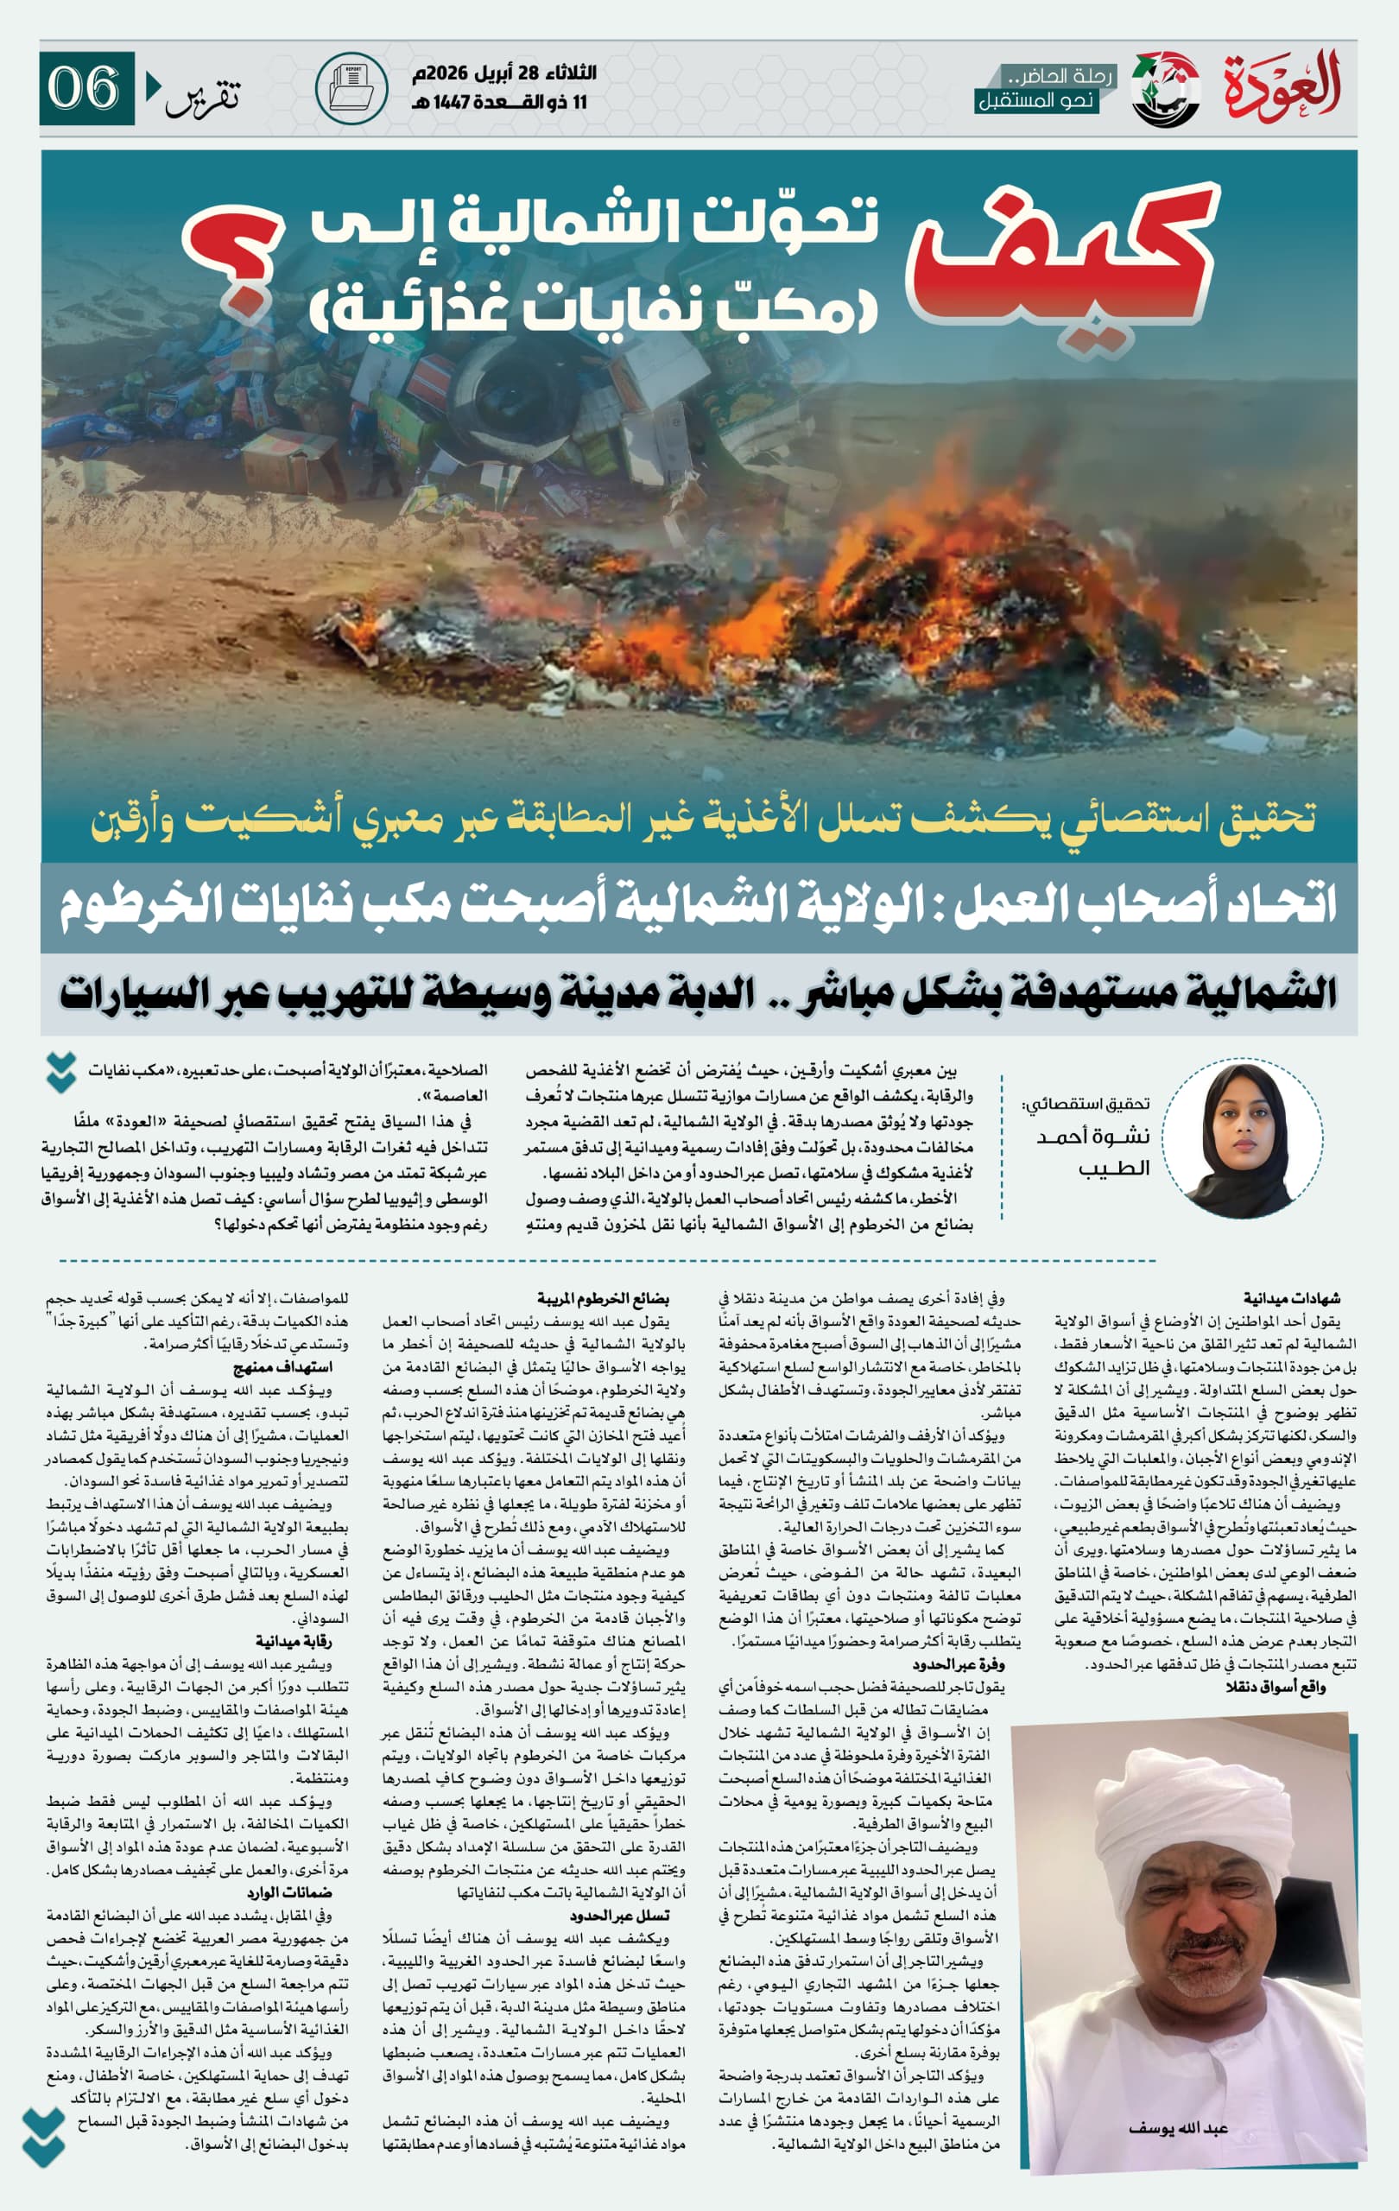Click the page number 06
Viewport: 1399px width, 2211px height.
[x=85, y=88]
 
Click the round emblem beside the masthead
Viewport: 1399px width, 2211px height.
[x=1165, y=89]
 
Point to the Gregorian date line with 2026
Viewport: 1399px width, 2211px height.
[x=504, y=73]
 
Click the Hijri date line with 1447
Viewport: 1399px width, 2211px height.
[x=498, y=102]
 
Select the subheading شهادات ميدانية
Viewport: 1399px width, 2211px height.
[x=1291, y=1297]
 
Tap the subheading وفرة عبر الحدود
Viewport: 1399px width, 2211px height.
[x=958, y=1663]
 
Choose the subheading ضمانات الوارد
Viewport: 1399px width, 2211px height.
[x=288, y=1892]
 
